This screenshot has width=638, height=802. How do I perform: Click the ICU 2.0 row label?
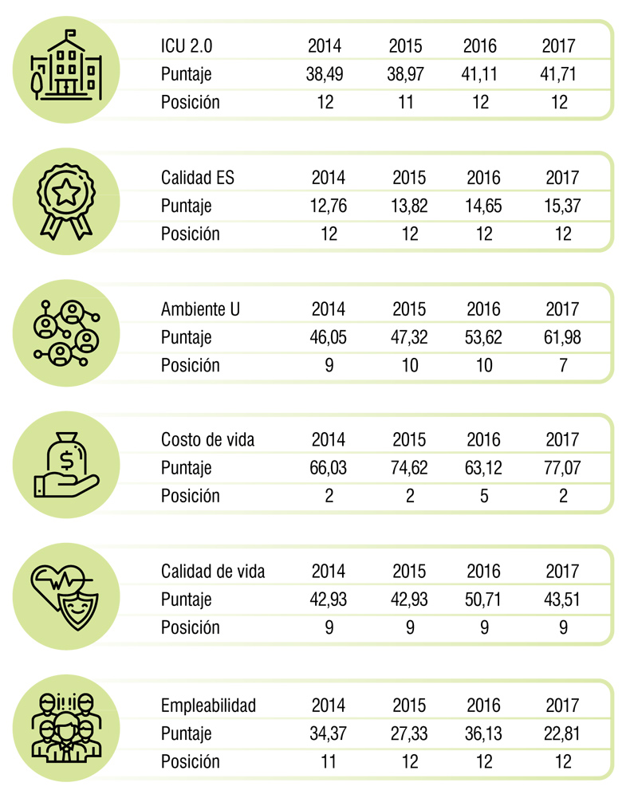[186, 46]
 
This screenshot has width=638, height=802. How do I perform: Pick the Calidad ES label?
[198, 178]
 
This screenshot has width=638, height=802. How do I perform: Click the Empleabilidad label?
[208, 706]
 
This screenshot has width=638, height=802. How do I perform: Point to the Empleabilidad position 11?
[328, 762]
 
